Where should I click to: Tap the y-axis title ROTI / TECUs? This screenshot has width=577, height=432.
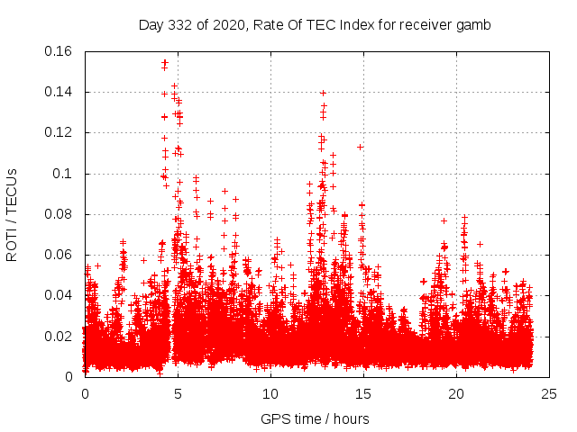(12, 214)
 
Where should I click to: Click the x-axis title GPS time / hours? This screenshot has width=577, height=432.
(315, 418)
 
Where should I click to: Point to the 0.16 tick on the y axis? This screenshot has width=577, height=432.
(60, 51)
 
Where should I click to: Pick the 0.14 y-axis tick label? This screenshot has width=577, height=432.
(60, 92)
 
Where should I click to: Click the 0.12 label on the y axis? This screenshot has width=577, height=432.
(60, 132)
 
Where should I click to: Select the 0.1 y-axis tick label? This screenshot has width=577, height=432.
(63, 174)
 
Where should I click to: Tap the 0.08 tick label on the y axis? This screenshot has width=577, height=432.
(60, 214)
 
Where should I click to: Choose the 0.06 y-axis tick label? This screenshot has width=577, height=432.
(60, 255)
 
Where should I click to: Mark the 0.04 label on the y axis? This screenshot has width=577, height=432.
(60, 295)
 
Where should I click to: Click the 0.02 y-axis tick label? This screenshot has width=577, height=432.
(60, 337)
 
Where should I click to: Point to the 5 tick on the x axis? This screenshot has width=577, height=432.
(178, 393)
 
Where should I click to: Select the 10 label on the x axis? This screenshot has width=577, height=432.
(270, 393)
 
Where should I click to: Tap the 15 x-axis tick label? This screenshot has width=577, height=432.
(363, 393)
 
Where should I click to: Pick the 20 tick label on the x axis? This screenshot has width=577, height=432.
(456, 393)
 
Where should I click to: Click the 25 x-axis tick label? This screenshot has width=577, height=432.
(548, 393)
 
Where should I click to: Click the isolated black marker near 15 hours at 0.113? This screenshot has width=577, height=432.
(361, 147)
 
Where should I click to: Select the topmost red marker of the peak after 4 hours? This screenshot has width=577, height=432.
(164, 61)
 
